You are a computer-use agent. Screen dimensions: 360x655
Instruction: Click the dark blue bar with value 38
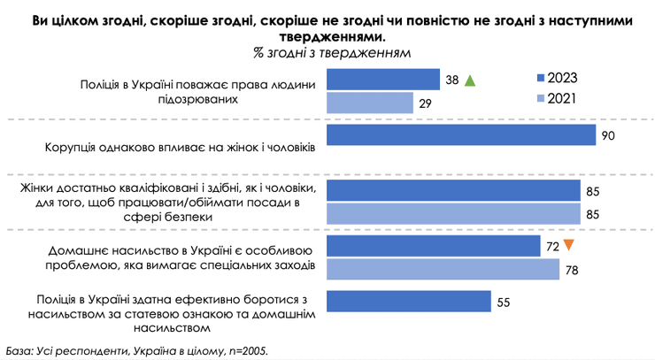[x=383, y=80]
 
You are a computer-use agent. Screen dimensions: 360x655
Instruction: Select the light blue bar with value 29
[x=370, y=103]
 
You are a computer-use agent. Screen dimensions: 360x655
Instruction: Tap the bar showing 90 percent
[x=461, y=134]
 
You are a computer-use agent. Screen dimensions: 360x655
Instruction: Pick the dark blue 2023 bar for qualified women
[x=453, y=190]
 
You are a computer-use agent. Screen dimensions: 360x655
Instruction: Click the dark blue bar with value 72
[x=434, y=245]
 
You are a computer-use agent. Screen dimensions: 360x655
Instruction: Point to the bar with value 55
[x=409, y=301]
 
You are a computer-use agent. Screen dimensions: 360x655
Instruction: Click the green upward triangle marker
[x=470, y=80]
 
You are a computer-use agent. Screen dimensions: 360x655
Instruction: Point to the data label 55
[x=504, y=302]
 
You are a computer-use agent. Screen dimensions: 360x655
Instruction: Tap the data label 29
[x=425, y=103]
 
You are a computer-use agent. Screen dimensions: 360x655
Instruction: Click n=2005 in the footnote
[x=242, y=350]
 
